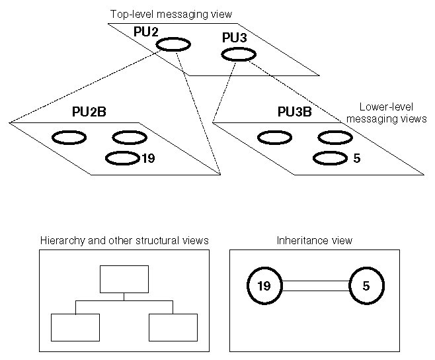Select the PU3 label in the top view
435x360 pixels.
click(235, 40)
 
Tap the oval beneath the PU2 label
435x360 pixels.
click(173, 44)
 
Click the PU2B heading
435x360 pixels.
click(89, 112)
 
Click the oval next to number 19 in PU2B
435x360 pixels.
click(122, 158)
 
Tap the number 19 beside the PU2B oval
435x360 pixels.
click(148, 158)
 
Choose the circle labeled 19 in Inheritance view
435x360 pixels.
click(264, 286)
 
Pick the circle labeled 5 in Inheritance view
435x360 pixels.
click(366, 286)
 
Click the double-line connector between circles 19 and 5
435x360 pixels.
click(315, 286)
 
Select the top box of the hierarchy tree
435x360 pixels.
click(124, 279)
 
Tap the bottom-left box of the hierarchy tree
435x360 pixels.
click(75, 327)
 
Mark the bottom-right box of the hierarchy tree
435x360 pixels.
click(173, 327)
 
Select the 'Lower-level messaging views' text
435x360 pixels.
click(385, 112)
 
